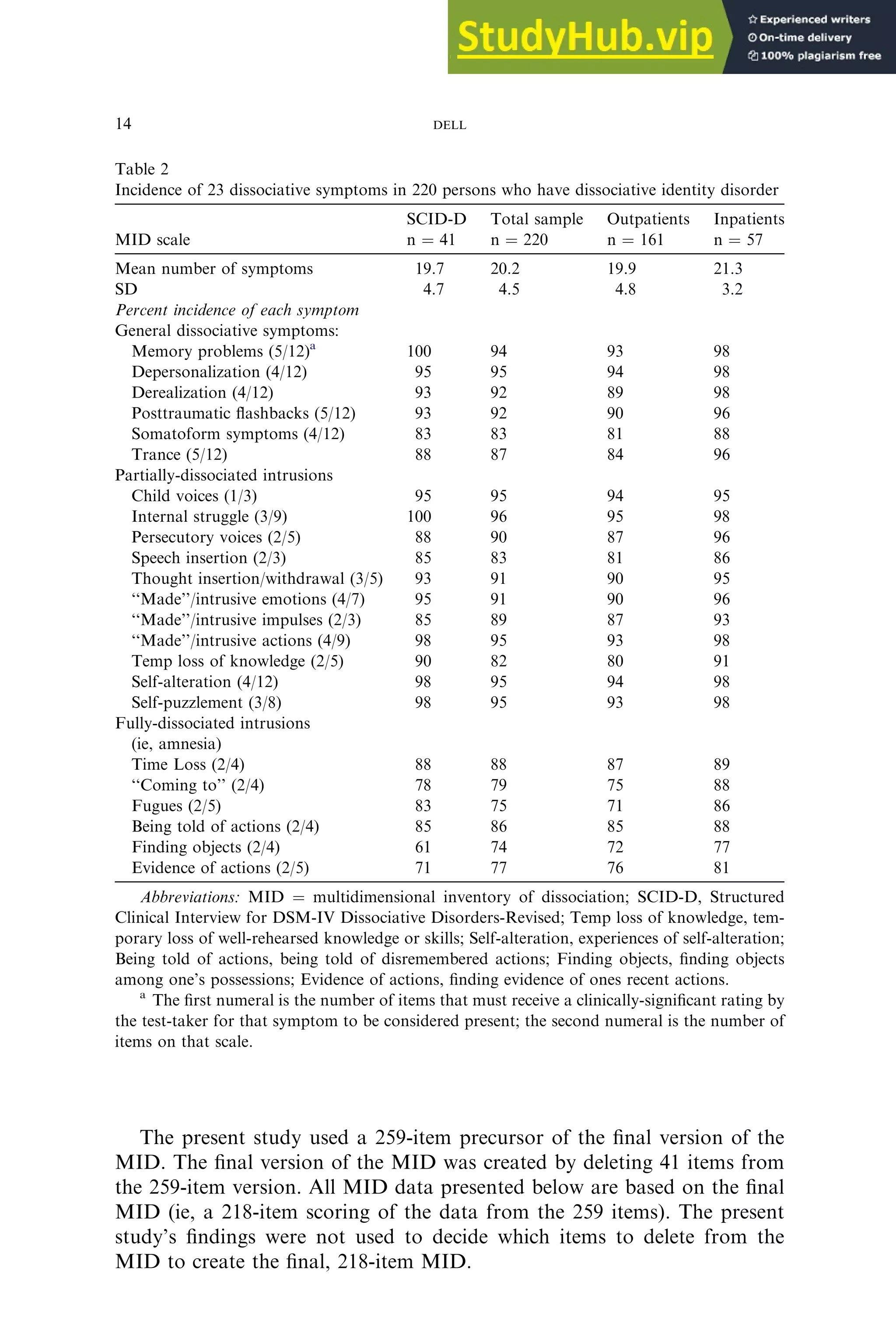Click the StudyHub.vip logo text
(x=584, y=38)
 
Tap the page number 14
(x=123, y=124)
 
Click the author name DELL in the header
(x=449, y=126)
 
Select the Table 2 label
(x=142, y=169)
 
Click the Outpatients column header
(x=647, y=220)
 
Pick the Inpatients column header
(x=748, y=220)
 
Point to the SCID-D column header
(x=436, y=220)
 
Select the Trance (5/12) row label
(x=179, y=455)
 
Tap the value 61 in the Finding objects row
(x=423, y=847)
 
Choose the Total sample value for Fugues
(x=498, y=806)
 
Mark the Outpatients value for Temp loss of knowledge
(x=615, y=661)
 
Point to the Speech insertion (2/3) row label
(x=209, y=558)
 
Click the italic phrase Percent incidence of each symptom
(x=237, y=310)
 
